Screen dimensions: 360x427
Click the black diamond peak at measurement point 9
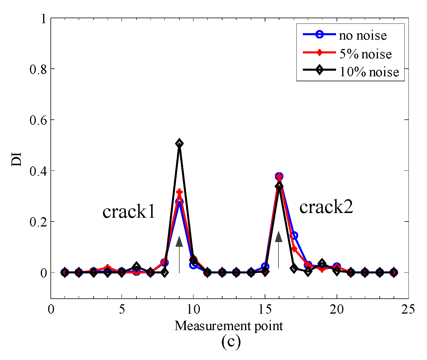tap(179, 143)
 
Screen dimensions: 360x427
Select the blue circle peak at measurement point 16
tap(279, 176)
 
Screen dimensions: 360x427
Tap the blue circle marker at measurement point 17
tap(294, 235)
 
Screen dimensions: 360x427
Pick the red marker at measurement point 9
tap(179, 192)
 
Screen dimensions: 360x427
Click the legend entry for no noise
tap(363, 35)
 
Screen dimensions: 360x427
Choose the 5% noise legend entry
tap(365, 54)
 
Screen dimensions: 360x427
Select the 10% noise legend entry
tap(369, 72)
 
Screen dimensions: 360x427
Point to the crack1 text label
tap(129, 211)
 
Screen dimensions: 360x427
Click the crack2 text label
tap(326, 207)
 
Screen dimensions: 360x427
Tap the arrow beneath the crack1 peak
tap(179, 254)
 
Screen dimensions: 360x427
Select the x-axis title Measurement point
tap(229, 326)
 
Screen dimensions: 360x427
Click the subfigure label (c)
tap(231, 342)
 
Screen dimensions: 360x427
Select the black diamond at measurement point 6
tap(136, 266)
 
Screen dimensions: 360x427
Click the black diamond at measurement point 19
tap(322, 263)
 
